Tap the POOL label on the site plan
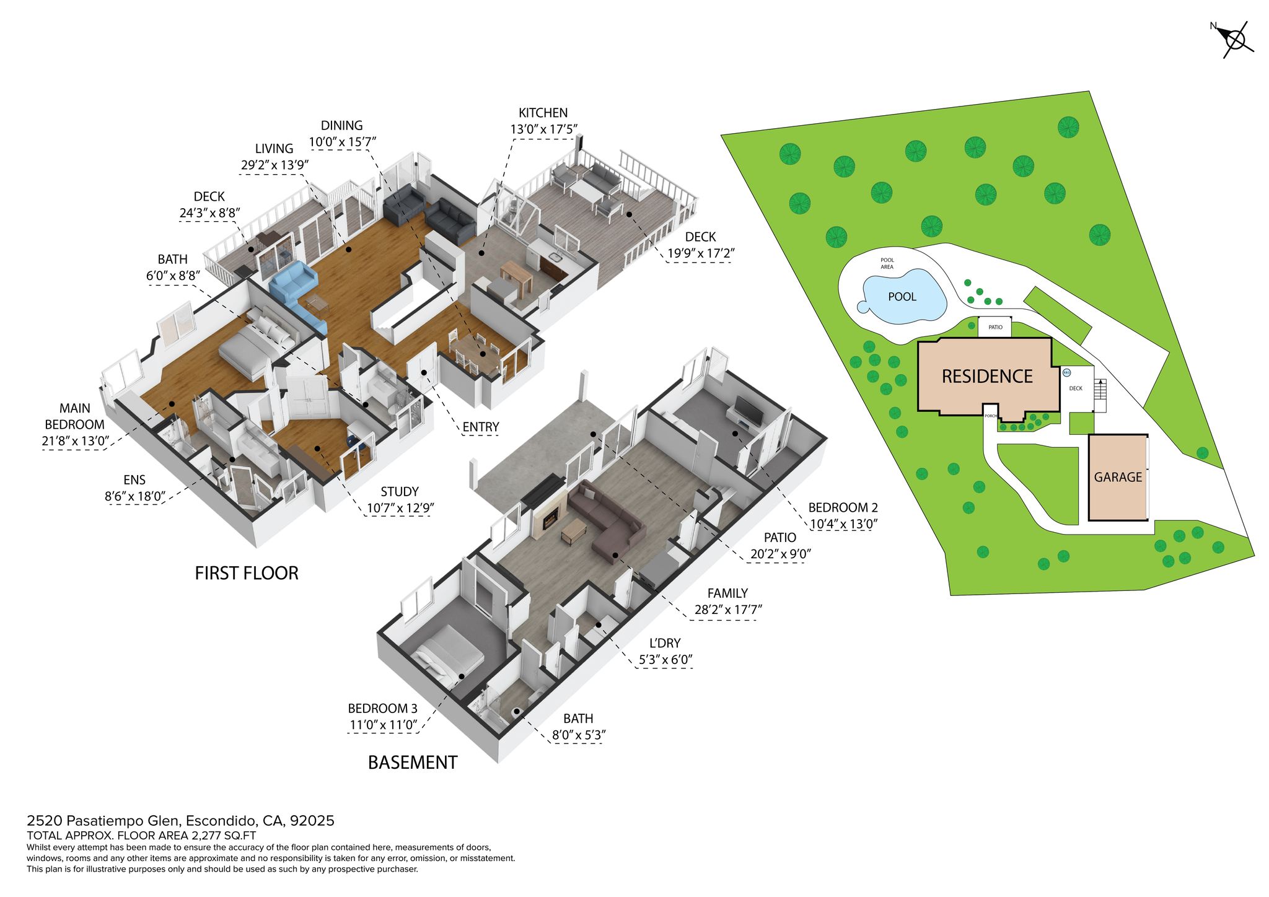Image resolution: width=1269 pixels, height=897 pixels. [902, 297]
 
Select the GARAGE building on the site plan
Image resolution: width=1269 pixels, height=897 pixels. [1118, 477]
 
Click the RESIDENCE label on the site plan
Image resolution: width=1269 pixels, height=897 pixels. [987, 377]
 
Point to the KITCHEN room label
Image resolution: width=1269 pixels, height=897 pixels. [543, 113]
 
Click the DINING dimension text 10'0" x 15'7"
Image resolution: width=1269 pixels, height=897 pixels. [343, 142]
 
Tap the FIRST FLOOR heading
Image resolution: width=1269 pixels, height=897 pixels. [247, 573]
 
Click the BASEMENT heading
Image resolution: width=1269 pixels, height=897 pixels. [413, 763]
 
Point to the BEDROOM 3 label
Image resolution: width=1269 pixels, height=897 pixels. [382, 709]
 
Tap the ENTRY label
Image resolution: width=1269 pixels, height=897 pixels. [480, 427]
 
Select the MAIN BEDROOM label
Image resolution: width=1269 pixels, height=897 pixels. [74, 416]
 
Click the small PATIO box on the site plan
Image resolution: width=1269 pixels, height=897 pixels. [995, 327]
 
